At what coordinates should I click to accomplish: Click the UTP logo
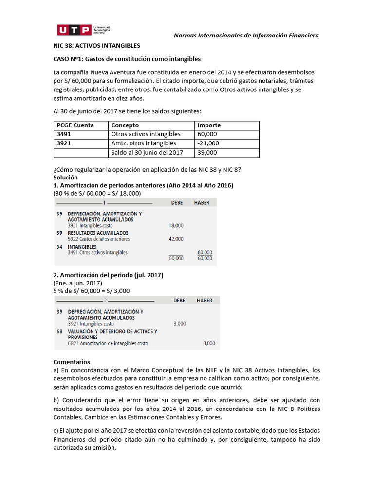point(81,31)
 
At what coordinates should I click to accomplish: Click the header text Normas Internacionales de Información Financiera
point(246,35)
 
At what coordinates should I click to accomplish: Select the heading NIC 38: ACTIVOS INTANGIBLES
point(96,46)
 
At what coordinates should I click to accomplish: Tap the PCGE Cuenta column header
point(75,125)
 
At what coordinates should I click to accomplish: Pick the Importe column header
point(209,125)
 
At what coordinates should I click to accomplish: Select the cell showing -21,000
point(208,143)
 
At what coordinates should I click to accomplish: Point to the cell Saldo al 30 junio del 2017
point(147,153)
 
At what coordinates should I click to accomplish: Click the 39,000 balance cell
point(207,153)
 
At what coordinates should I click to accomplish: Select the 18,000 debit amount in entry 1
point(176,226)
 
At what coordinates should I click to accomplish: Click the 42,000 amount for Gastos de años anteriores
point(176,239)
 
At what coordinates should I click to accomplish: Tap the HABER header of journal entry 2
point(205,301)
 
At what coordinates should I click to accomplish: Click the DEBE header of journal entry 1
point(177,202)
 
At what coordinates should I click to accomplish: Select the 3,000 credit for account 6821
point(208,343)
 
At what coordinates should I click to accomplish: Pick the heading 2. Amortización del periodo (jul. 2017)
point(108,275)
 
